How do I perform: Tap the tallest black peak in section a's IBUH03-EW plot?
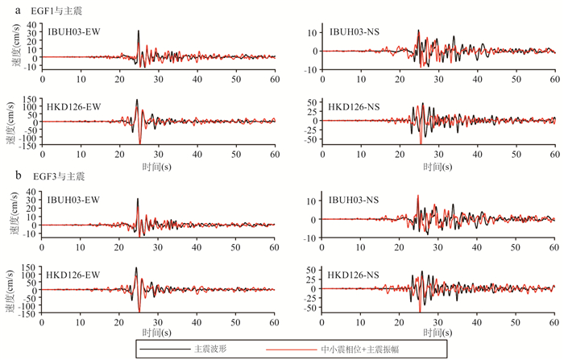138,31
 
